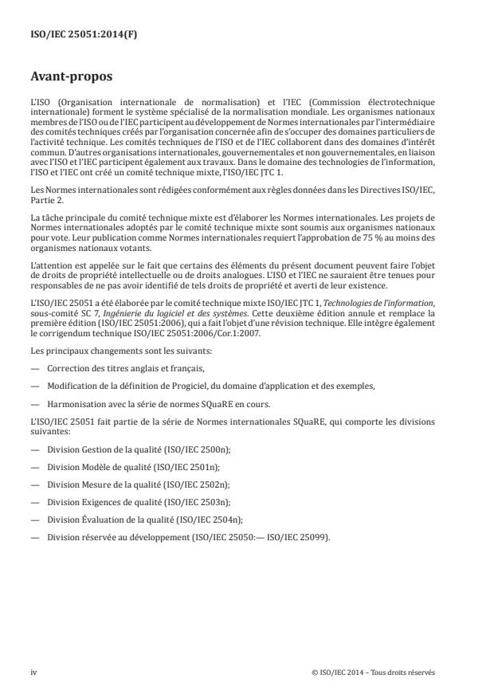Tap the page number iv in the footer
tap(33, 673)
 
